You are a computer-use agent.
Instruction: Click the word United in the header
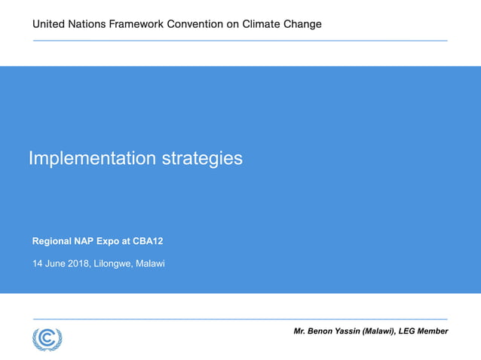(x=47, y=24)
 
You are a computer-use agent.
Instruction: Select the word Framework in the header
(x=140, y=24)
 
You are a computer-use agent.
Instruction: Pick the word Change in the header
(x=303, y=24)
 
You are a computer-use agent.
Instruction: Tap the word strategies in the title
(x=202, y=159)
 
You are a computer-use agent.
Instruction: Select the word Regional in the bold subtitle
(x=52, y=242)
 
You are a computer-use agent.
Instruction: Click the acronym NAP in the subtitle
(x=84, y=242)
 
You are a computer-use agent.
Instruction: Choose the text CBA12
(x=148, y=242)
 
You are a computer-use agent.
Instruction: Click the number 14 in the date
(x=38, y=264)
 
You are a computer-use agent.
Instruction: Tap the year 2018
(x=77, y=264)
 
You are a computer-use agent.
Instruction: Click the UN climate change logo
(x=47, y=338)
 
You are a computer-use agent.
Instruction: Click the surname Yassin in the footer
(x=354, y=331)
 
